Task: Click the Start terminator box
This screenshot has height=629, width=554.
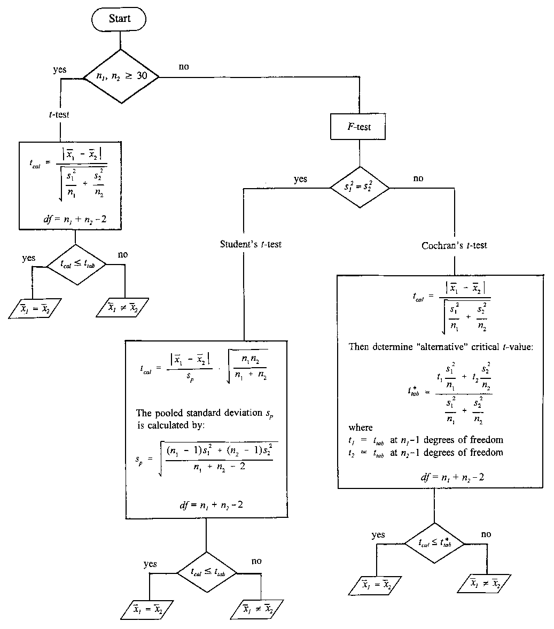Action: click(119, 19)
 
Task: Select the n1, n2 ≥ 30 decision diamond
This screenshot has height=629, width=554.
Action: click(119, 76)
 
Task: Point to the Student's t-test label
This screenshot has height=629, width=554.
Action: click(251, 244)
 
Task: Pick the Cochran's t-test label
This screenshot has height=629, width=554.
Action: click(454, 246)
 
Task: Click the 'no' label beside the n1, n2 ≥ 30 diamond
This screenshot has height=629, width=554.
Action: click(185, 67)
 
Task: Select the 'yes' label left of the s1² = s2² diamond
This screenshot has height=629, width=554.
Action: click(301, 179)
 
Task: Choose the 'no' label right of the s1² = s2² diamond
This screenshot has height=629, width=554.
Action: click(418, 178)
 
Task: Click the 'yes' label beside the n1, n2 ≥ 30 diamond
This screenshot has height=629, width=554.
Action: click(60, 70)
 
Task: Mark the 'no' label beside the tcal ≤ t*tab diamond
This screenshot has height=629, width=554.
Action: click(486, 534)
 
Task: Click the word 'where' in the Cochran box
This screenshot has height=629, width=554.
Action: click(361, 428)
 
